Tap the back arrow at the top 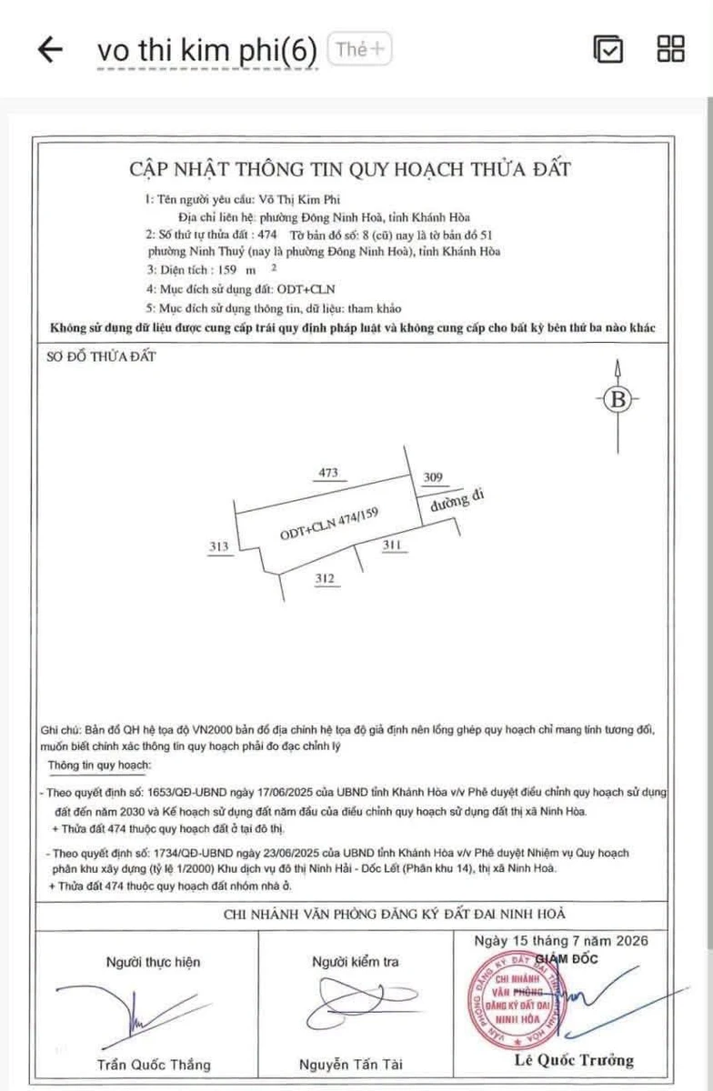50,49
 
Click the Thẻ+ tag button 359,49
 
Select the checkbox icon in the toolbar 608,49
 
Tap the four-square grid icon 670,49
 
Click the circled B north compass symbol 618,399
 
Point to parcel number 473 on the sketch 328,473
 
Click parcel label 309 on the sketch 433,476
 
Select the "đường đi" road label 457,501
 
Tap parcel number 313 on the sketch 219,546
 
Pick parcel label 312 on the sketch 325,578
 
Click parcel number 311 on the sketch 392,545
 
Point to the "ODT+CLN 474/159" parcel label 329,524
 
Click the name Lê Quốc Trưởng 574,1060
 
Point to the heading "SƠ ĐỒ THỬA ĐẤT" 101,356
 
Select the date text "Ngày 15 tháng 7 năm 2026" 561,941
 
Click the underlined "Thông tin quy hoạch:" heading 99,766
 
